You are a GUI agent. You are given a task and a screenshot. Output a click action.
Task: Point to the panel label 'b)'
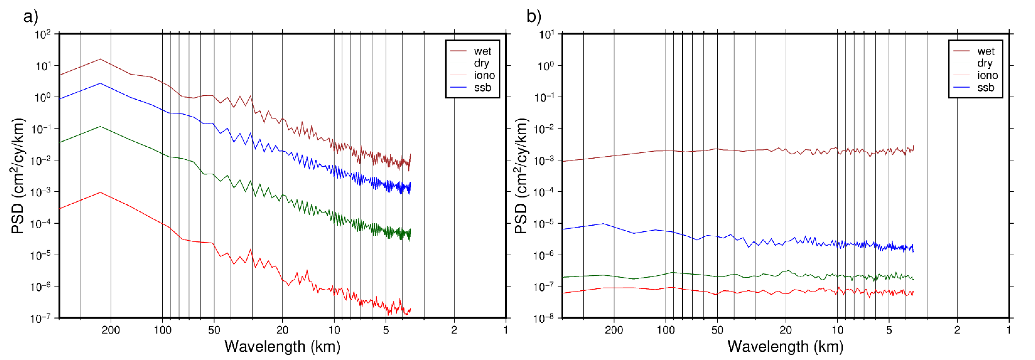534,17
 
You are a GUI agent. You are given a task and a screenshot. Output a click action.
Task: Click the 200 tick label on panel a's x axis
111,330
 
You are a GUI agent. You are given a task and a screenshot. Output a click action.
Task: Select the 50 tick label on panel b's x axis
717,330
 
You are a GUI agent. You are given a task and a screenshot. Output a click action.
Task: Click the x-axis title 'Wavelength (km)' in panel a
282,346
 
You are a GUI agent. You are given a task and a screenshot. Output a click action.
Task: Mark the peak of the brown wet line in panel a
100,59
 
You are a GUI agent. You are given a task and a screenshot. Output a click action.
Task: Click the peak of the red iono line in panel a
100,192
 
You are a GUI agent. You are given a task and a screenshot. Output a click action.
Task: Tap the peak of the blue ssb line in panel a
100,83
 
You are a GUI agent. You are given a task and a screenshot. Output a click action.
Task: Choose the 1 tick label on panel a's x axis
506,330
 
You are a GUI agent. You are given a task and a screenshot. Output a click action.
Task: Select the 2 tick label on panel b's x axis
957,330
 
